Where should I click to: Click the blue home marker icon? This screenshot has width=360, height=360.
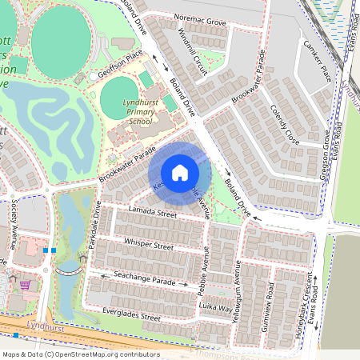coord(180,172)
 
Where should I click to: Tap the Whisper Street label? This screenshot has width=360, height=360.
coord(149,244)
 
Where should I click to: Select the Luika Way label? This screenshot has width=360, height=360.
coord(216,306)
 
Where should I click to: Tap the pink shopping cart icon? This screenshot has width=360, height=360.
coord(26,284)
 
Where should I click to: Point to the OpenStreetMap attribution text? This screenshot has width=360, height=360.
coord(80,354)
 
